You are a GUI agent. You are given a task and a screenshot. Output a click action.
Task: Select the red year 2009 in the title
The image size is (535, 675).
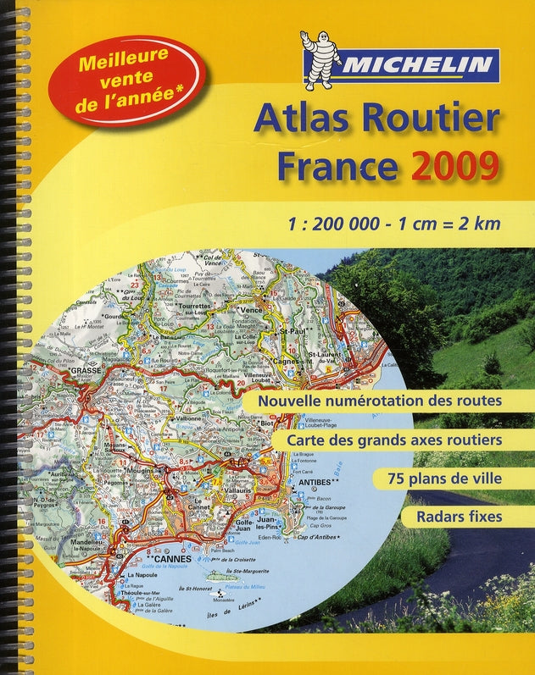454,166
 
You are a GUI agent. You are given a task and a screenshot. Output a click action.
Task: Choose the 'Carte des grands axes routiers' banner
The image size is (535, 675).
395,440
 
